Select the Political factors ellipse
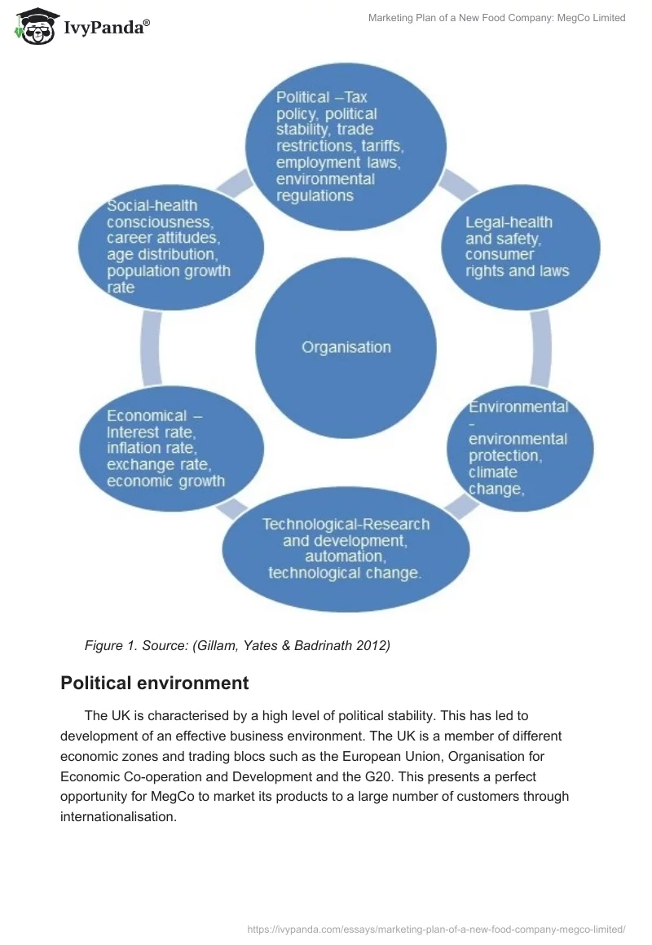346,147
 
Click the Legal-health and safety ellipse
520,247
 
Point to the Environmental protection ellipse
519,448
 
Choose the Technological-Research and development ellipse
346,550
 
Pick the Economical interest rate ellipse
171,448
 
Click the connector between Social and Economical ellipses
150,348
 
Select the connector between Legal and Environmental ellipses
540,348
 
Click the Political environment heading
154,683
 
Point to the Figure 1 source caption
237,645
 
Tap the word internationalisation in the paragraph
118,815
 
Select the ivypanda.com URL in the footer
435,929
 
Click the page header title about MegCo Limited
496,17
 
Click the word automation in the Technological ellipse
345,556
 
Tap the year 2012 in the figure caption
372,645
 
